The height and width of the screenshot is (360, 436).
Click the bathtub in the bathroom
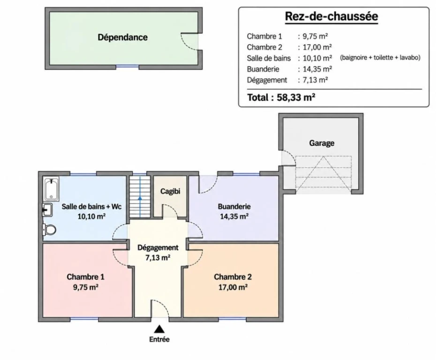pos(52,189)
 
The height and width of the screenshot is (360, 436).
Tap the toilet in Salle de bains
pos(49,230)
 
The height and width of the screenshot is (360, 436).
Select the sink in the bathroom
pos(47,210)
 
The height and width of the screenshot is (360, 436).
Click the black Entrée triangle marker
pos(159,329)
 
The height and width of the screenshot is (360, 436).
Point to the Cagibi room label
pos(170,191)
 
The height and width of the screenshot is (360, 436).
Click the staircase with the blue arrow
pos(140,196)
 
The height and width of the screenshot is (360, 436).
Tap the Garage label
pos(322,143)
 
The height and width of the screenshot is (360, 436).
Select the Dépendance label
pos(123,37)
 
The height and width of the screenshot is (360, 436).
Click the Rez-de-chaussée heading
pos(331,16)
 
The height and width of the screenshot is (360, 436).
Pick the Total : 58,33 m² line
pos(281,97)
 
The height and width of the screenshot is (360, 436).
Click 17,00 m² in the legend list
pos(317,47)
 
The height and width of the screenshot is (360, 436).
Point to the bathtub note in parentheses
pos(380,58)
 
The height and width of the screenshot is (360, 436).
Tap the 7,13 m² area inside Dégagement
pos(158,258)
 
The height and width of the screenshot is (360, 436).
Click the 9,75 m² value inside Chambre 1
pos(86,287)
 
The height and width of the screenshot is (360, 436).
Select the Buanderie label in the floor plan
pos(234,207)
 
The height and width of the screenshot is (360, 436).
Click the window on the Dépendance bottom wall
pos(127,67)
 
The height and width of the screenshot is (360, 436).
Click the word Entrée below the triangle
pos(159,339)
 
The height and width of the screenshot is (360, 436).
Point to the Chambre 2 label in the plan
pos(233,277)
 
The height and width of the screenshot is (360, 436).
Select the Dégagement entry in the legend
pos(267,80)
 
